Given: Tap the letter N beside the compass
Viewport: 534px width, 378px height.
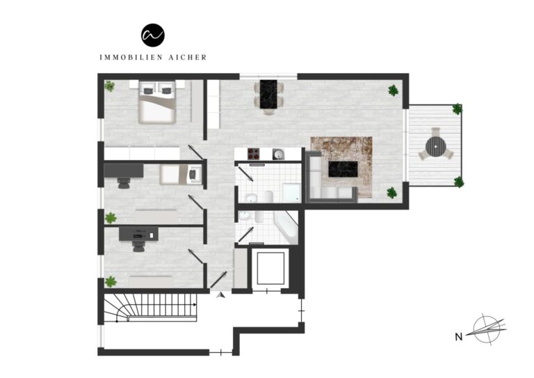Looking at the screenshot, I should click(x=458, y=337).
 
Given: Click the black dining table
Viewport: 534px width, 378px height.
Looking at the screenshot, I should click(x=268, y=93).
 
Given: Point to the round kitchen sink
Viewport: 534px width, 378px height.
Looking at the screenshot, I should click(x=278, y=154).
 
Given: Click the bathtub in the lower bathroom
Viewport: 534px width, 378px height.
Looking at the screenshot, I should click(x=286, y=227).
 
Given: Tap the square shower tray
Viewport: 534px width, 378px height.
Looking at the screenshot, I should click(x=291, y=191).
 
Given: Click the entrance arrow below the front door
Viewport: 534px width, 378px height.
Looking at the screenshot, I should click(x=220, y=295).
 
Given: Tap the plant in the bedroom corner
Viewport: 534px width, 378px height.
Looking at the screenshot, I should click(x=110, y=86).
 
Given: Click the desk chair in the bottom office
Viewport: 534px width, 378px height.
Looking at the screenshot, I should click(x=138, y=244).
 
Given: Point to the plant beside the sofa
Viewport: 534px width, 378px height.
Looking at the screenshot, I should click(x=392, y=193).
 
